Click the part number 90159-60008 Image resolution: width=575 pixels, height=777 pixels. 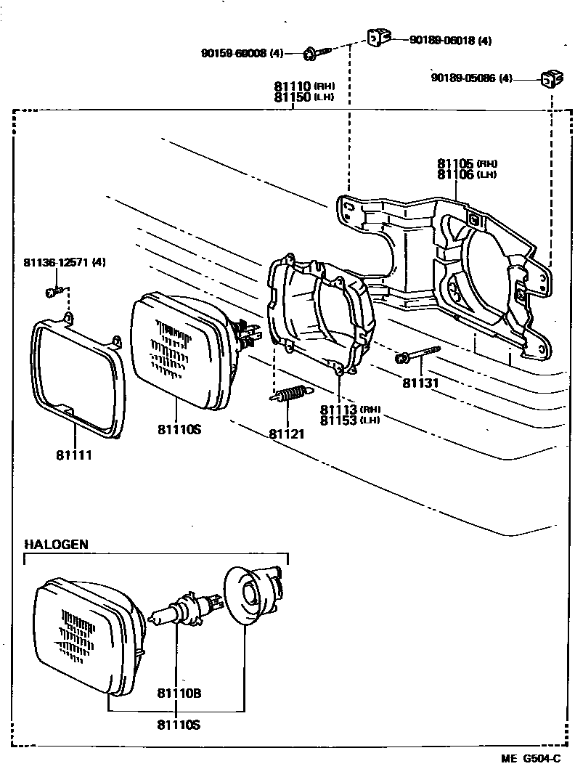[234, 53]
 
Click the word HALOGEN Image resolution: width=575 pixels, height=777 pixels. [56, 544]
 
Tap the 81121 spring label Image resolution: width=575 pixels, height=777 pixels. [287, 434]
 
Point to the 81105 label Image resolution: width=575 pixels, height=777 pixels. [456, 163]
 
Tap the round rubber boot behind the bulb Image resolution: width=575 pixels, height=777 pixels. [251, 595]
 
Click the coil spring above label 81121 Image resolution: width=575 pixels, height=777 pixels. [290, 396]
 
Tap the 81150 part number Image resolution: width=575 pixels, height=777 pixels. [293, 97]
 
